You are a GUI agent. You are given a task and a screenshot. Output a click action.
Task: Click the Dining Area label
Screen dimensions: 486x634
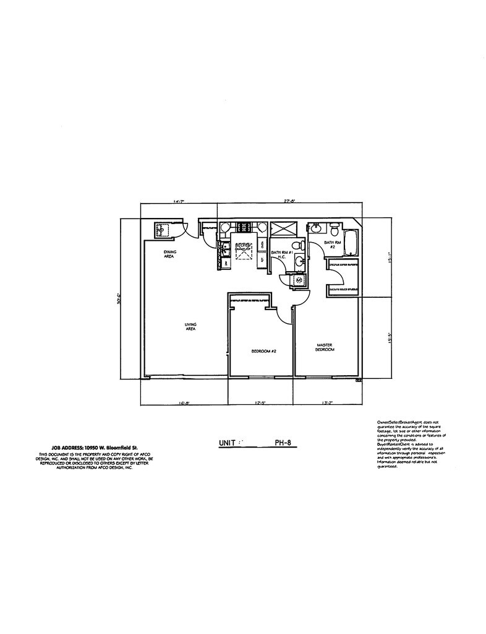169,254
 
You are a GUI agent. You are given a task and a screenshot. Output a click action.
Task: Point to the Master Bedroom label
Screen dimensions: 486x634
325,347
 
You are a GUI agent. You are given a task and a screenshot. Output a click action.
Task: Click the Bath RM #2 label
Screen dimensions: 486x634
331,245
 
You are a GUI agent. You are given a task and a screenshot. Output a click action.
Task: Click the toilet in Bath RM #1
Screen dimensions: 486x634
297,246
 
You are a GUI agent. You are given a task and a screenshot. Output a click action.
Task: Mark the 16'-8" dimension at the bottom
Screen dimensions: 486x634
184,403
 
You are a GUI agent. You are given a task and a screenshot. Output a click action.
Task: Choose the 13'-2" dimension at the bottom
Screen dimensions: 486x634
328,403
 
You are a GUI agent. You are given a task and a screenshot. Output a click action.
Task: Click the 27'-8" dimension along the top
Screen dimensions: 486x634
288,201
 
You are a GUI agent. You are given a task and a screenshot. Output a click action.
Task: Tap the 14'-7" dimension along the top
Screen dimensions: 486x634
179,201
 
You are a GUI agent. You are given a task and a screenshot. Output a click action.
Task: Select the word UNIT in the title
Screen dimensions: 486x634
228,443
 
